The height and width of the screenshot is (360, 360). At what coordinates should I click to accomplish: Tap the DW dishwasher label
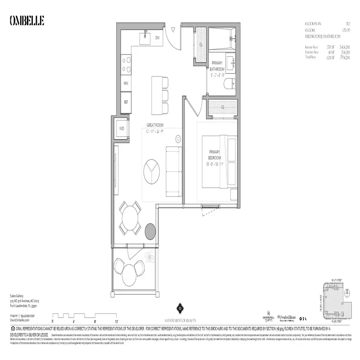coord(157,38)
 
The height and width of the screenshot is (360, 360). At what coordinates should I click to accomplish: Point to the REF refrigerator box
coord(126,103)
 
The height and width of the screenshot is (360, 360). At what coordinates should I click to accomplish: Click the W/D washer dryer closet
coord(121,129)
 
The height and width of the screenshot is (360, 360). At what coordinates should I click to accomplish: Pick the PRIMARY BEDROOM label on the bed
coord(214,155)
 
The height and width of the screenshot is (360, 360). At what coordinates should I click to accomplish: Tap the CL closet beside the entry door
coord(200,45)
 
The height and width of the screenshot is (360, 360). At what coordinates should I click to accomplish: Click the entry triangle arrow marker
coord(173,30)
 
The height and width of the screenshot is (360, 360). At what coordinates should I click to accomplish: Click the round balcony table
coord(130,273)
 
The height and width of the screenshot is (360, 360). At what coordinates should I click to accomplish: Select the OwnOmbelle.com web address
coord(19,319)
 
